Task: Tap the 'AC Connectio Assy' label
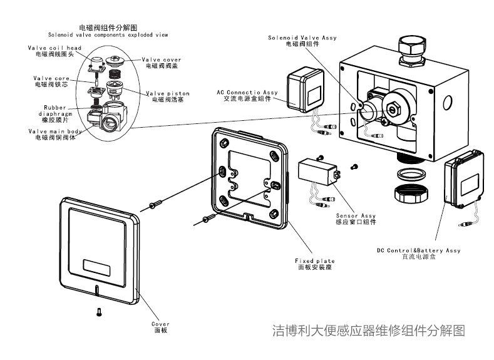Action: tap(244, 95)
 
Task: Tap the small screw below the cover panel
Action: tap(98, 311)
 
